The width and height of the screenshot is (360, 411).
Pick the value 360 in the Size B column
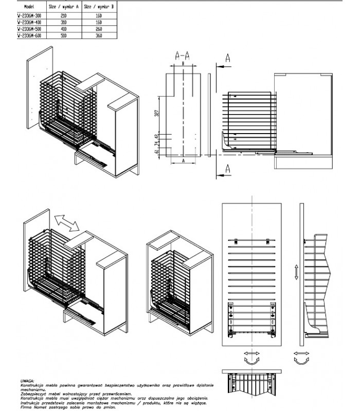click(x=99, y=36)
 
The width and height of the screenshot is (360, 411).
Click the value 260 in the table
click(x=99, y=29)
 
